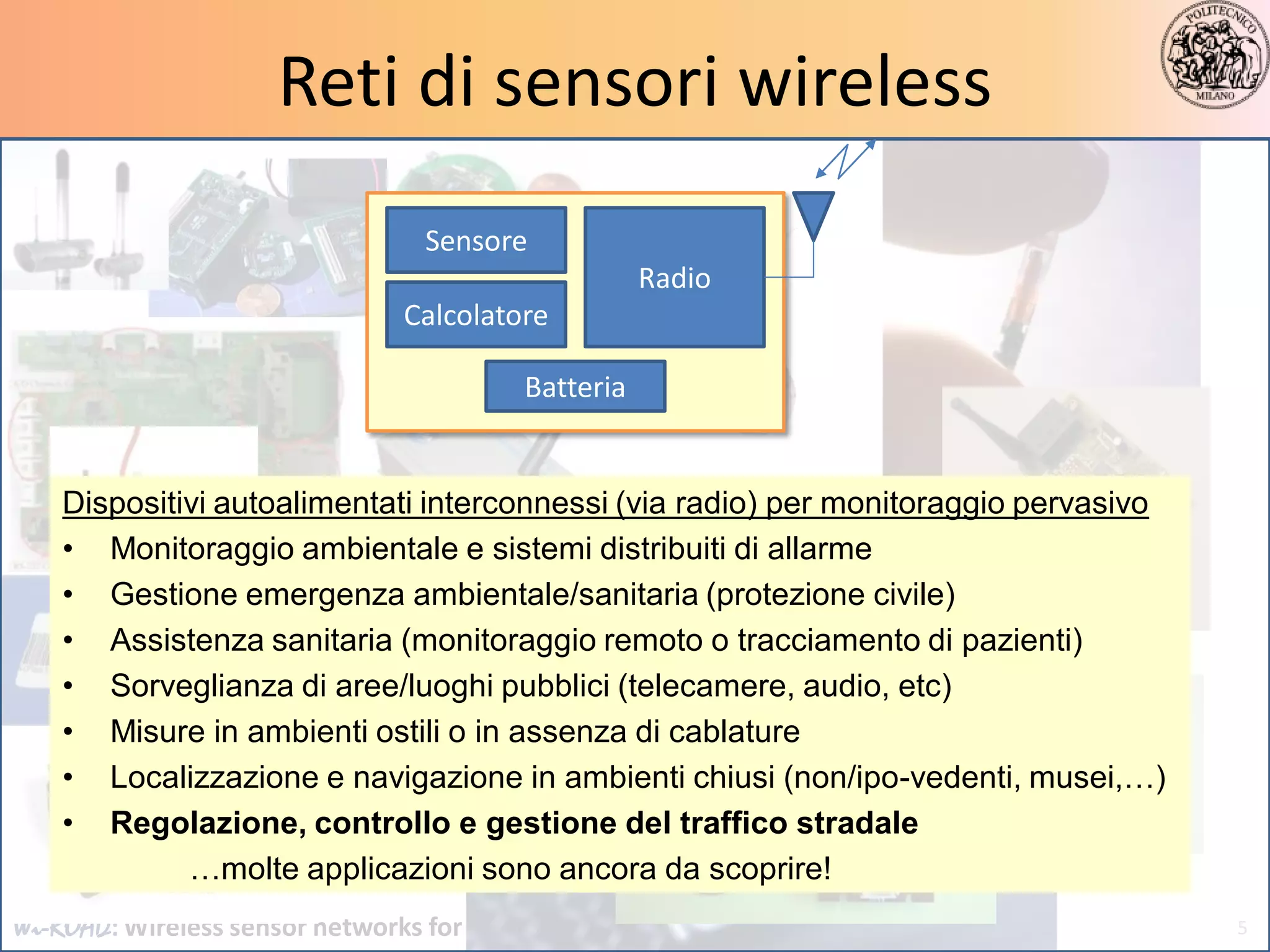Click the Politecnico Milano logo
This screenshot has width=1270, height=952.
pyautogui.click(x=1214, y=55)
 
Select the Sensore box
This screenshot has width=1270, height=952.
pyautogui.click(x=476, y=240)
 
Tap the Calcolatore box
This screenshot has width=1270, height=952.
pyautogui.click(x=476, y=315)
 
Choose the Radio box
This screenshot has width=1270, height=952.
pyautogui.click(x=674, y=278)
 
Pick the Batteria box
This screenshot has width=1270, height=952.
pyautogui.click(x=575, y=387)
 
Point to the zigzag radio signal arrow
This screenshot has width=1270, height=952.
pyautogui.click(x=845, y=161)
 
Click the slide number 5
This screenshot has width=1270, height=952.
pyautogui.click(x=1241, y=928)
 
